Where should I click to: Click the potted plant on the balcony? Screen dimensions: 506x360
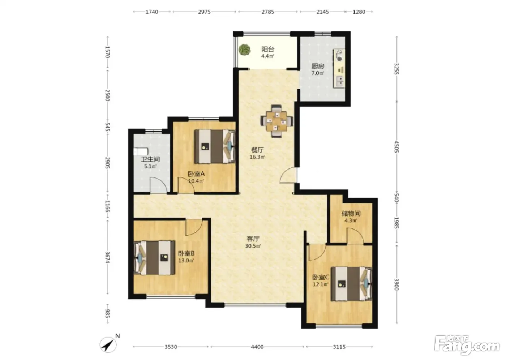click(244, 50)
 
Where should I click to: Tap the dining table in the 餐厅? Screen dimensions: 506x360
click(277, 121)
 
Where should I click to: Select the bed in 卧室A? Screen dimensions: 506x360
click(215, 146)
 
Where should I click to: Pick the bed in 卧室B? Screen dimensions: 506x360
click(155, 258)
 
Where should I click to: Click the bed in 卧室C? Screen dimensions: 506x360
click(351, 284)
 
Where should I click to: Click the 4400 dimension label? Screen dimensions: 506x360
click(257, 347)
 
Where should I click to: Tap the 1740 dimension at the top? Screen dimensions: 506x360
click(152, 12)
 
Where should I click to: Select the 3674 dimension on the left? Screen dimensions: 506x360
click(108, 257)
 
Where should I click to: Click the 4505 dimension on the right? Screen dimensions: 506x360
click(397, 147)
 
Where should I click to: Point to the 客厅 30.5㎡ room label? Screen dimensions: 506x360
click(253, 242)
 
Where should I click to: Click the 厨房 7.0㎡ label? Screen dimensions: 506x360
click(318, 69)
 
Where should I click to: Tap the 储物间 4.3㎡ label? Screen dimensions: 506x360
click(351, 217)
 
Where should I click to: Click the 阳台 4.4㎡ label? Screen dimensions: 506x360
click(268, 53)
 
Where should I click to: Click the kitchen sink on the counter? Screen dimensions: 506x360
click(339, 81)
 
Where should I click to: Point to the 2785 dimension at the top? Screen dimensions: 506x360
click(268, 12)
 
